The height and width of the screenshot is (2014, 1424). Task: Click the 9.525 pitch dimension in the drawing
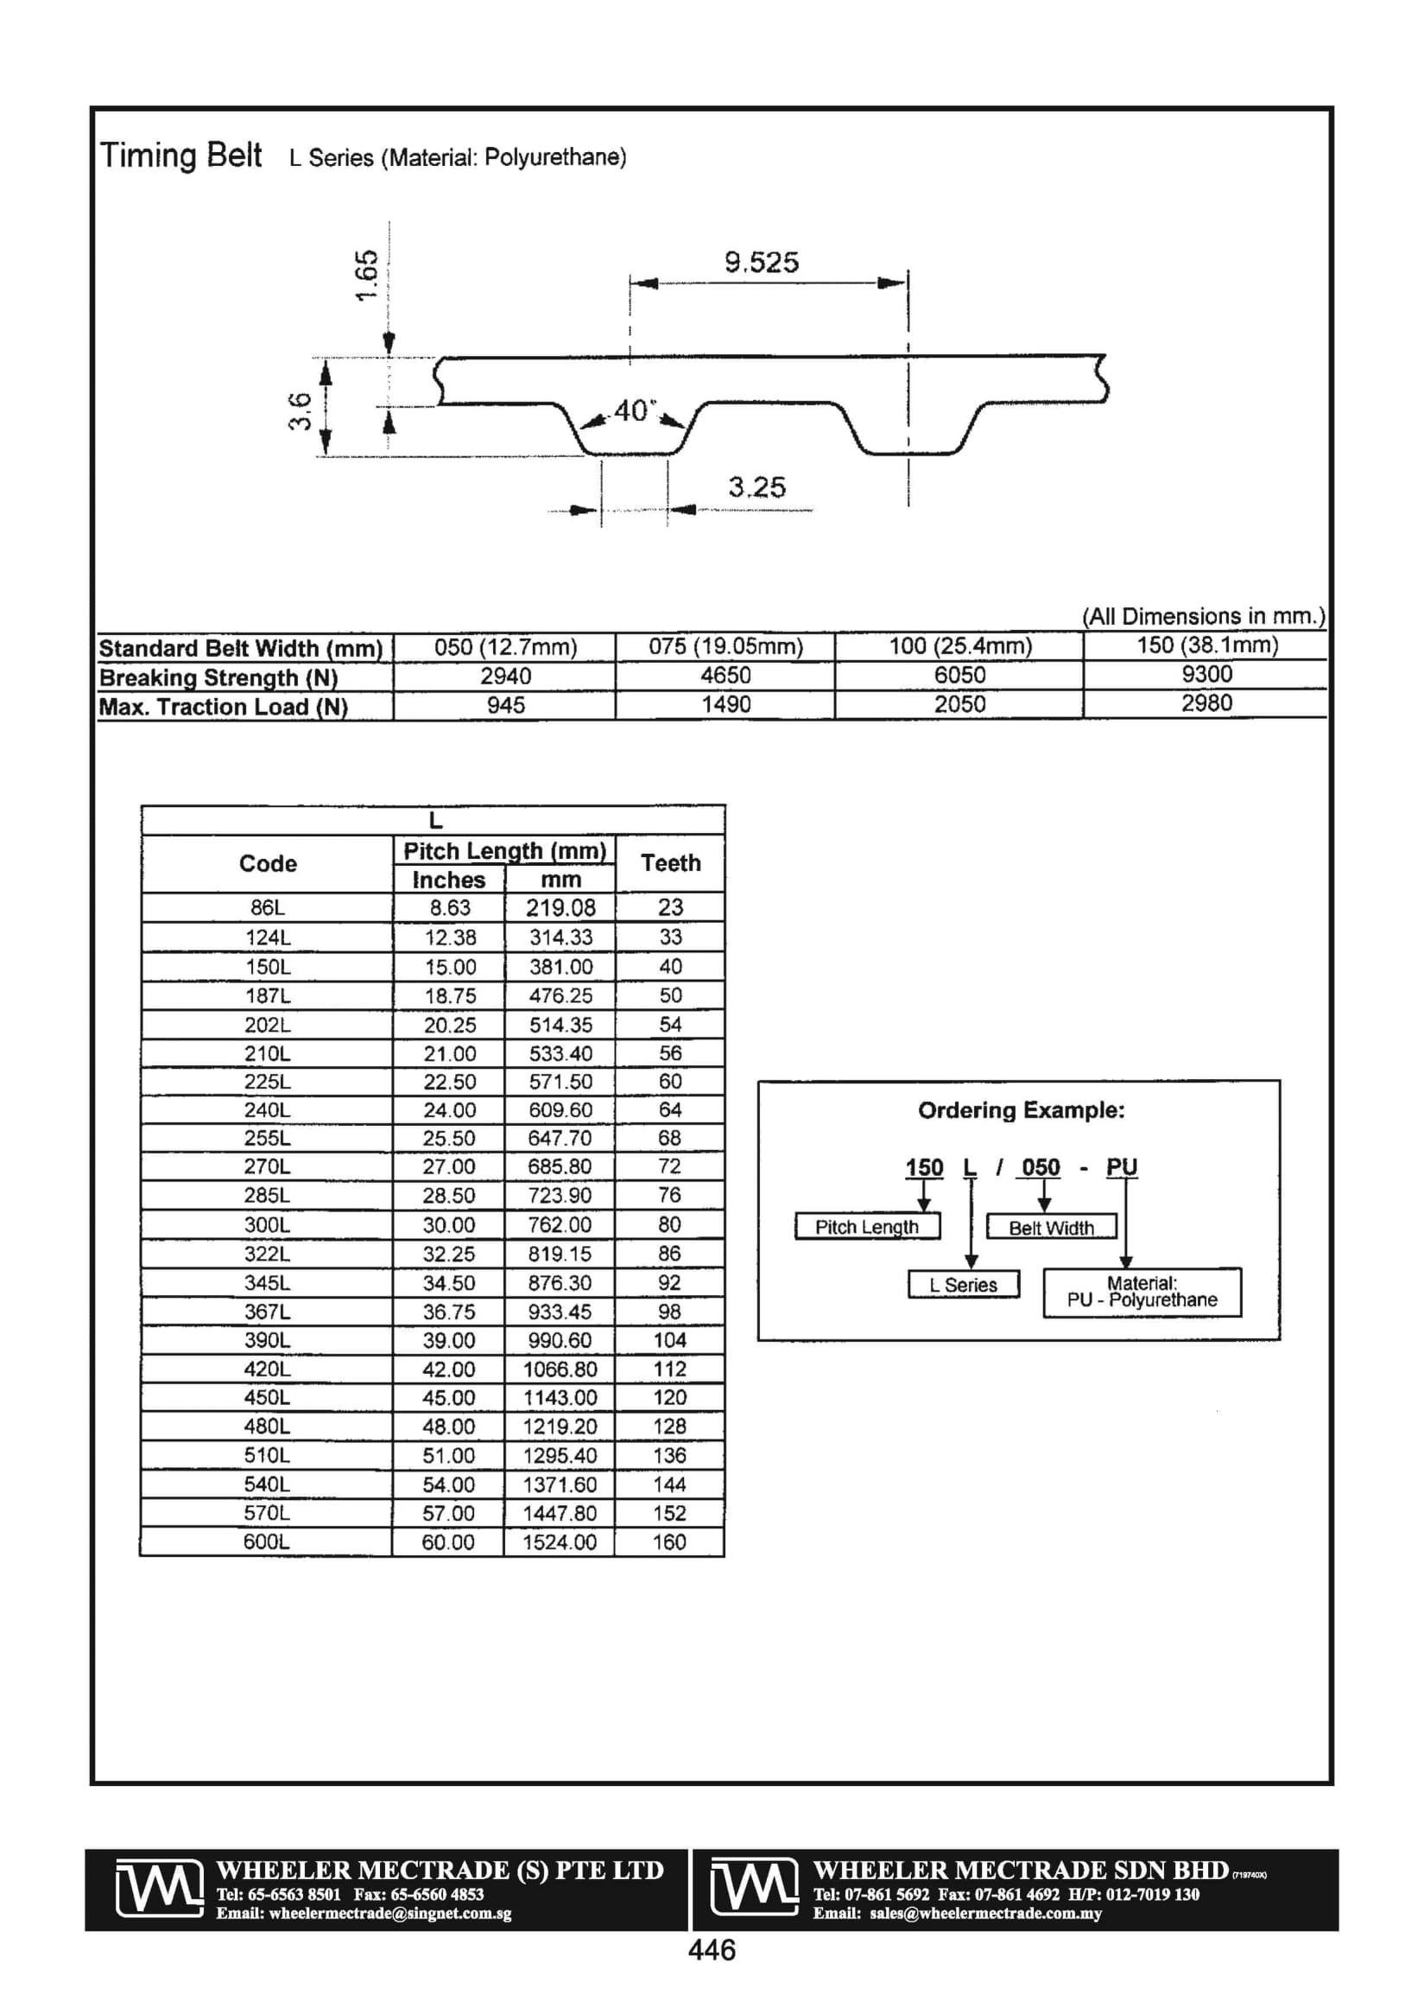point(761,263)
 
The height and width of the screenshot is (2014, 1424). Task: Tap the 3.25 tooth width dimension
point(756,486)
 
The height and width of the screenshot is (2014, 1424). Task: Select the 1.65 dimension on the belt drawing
point(366,275)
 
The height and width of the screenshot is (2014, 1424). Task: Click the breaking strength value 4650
point(725,676)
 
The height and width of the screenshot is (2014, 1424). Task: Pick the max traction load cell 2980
point(1206,702)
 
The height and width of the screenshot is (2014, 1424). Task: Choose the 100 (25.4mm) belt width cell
point(960,646)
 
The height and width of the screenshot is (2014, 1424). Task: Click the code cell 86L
point(268,908)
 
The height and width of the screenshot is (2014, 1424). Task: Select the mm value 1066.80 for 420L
point(560,1369)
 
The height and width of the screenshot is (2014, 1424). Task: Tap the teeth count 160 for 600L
point(669,1542)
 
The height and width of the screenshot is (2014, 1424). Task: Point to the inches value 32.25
point(449,1254)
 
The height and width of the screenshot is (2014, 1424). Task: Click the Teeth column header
point(671,863)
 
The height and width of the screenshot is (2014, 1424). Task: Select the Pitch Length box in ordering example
point(866,1226)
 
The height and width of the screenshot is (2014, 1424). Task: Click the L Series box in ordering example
point(963,1285)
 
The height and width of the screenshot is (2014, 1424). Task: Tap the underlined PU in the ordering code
point(1121,1167)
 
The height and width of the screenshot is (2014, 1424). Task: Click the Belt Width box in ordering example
point(1050,1227)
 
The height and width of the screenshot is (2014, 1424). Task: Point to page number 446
point(712,1950)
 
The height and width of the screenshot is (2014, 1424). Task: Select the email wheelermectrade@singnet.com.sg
point(363,1913)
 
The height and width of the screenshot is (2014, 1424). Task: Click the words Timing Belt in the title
point(180,156)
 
